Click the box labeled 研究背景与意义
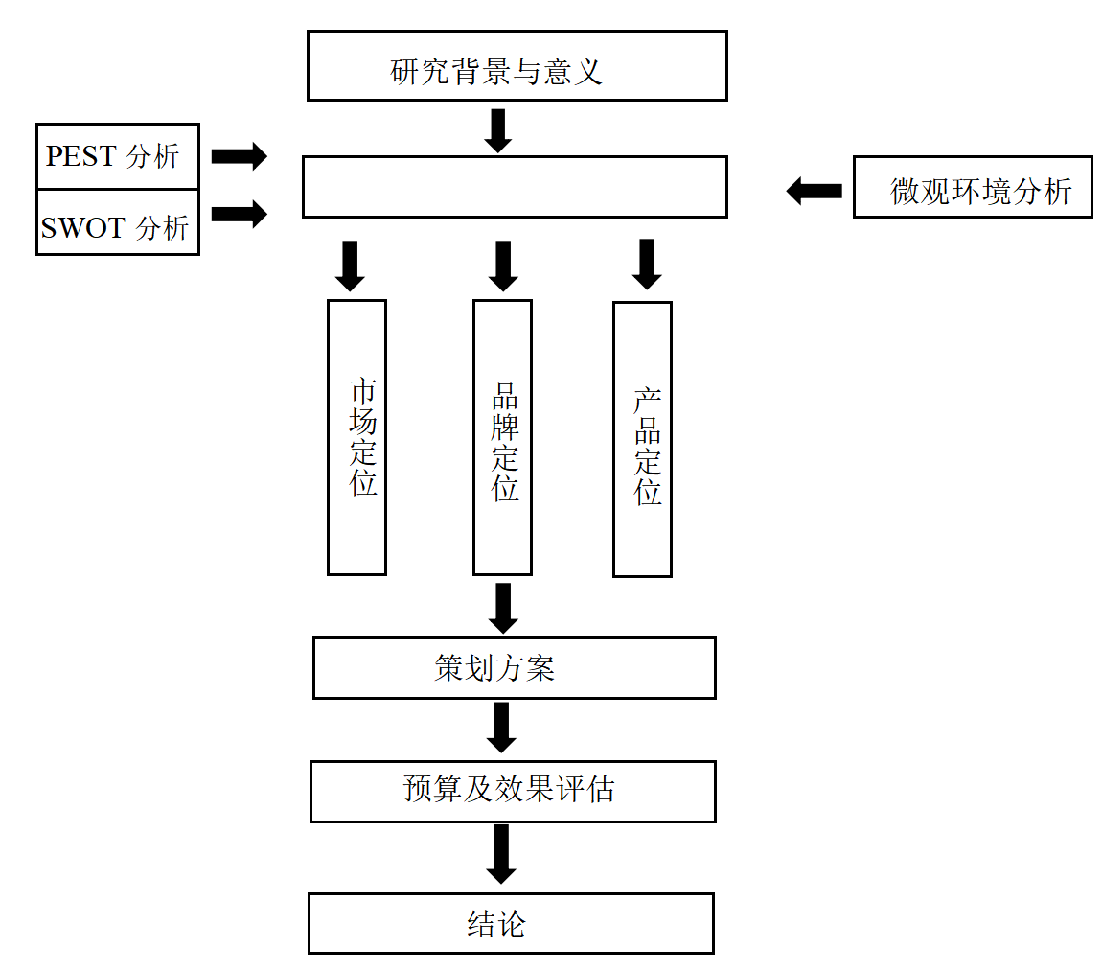[517, 65]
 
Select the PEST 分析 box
[117, 156]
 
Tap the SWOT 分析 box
[117, 222]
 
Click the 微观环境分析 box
[973, 187]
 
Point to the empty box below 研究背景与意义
[515, 187]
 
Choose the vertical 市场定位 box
[356, 437]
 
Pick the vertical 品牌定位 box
[502, 437]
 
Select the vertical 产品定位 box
[642, 439]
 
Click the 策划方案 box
[514, 668]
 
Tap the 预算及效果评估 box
[513, 791]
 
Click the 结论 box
[511, 923]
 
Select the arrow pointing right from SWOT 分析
[239, 213]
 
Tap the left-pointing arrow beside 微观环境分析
[815, 191]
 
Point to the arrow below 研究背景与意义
[497, 130]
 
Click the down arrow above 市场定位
[350, 266]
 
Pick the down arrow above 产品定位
[647, 264]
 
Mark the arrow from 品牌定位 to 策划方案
[502, 608]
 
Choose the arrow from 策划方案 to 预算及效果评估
[500, 728]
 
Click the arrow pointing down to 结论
[500, 854]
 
